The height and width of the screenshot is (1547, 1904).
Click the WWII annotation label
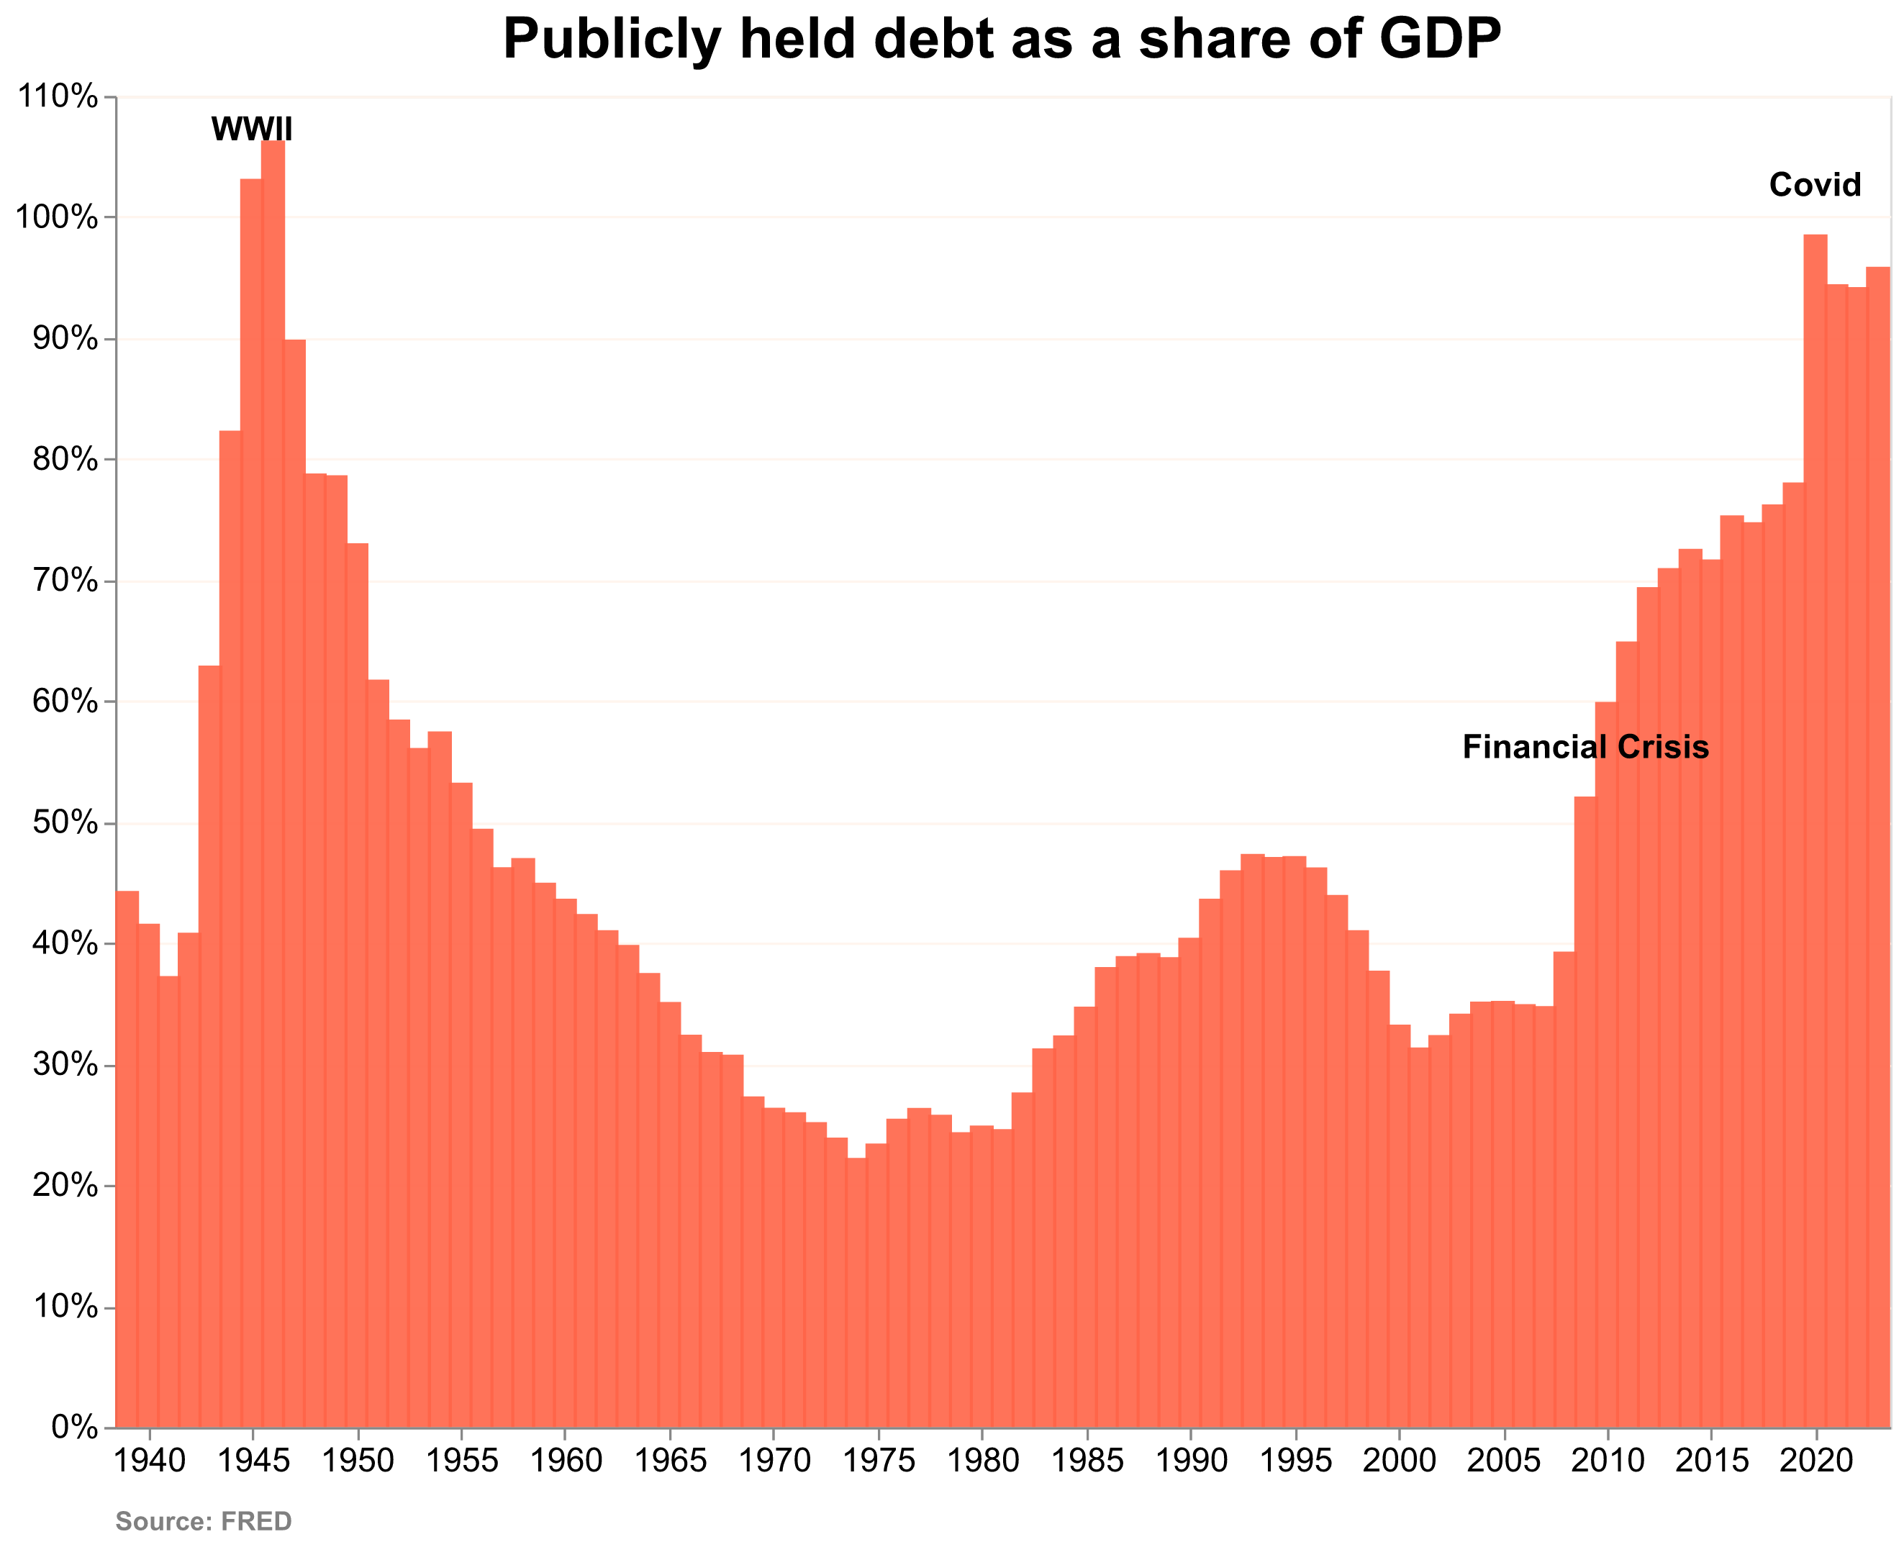click(251, 130)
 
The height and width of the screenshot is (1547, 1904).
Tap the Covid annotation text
click(1814, 186)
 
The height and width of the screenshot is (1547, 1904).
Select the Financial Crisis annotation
click(1585, 747)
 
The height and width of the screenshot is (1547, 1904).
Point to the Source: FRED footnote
click(203, 1520)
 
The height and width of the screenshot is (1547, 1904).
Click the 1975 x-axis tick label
click(878, 1461)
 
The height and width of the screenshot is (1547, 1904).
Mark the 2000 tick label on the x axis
click(1399, 1461)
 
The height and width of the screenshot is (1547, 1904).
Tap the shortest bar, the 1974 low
click(856, 1292)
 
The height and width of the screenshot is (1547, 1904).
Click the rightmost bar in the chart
click(1877, 847)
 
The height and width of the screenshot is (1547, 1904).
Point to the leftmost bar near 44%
click(127, 1158)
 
